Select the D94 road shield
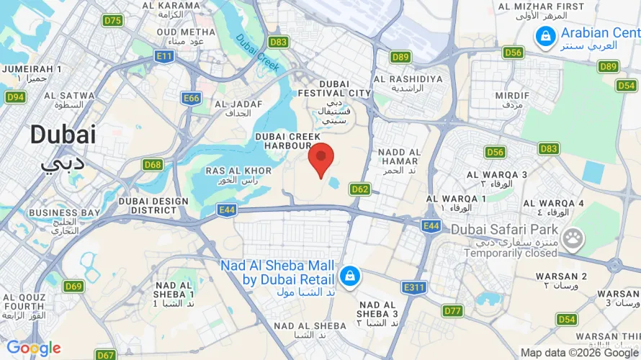15,96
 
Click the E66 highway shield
191,98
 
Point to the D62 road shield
360,189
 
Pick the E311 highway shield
414,287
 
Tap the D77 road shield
452,310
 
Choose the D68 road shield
152,165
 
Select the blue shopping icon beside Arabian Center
545,35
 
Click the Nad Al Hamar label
400,156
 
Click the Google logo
33,349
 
